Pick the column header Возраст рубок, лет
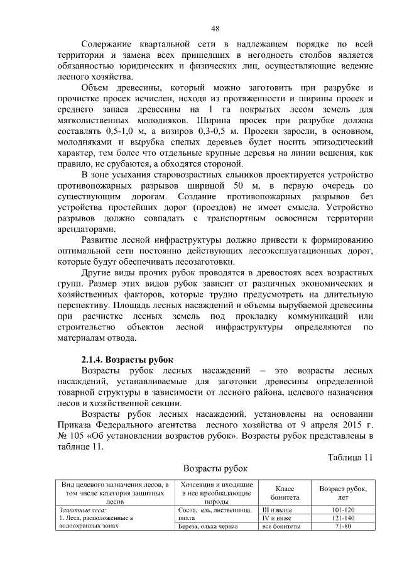(x=343, y=492)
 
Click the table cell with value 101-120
(x=343, y=509)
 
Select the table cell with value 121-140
(x=343, y=517)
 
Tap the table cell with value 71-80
(x=343, y=526)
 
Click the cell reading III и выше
(x=277, y=509)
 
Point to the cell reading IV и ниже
(x=277, y=517)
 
